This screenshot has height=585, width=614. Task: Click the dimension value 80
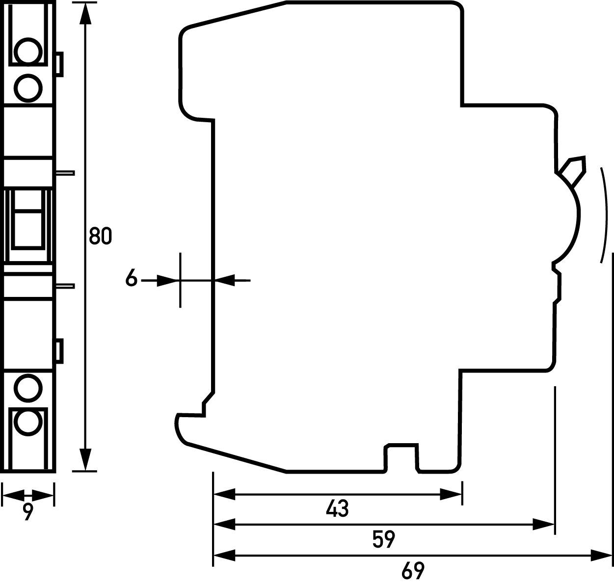(x=100, y=236)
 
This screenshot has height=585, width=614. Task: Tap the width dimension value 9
(x=28, y=512)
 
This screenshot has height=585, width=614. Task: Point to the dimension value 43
(x=337, y=509)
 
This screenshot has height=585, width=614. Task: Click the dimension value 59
(x=383, y=539)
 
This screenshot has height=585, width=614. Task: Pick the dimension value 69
(x=412, y=570)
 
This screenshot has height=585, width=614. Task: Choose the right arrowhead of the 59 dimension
(x=544, y=525)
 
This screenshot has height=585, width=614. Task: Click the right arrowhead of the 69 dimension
(x=601, y=555)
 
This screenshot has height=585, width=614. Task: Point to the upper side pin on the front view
(x=64, y=173)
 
